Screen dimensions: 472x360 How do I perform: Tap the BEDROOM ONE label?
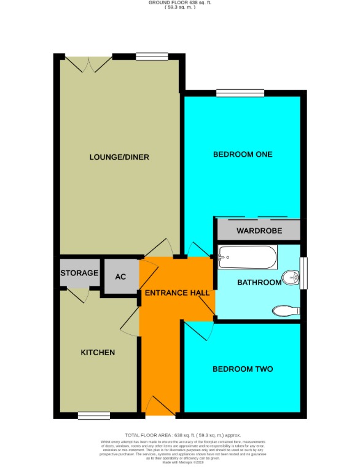242,154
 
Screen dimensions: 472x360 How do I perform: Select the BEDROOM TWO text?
242,369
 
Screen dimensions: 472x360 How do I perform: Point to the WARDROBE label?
259,231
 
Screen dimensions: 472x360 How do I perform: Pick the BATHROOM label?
260,283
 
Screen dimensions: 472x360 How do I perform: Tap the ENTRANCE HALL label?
176,293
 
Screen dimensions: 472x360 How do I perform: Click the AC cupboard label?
120,277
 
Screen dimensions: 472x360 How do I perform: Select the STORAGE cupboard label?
79,273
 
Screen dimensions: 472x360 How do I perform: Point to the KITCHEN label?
98,353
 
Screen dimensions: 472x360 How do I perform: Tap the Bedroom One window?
240,93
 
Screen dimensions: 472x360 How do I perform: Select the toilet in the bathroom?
284,310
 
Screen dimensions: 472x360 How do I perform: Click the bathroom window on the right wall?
303,272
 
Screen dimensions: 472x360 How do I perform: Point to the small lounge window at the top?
152,57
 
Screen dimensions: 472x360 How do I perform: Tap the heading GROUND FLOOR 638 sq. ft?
179,2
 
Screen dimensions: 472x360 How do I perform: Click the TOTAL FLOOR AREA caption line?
179,435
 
